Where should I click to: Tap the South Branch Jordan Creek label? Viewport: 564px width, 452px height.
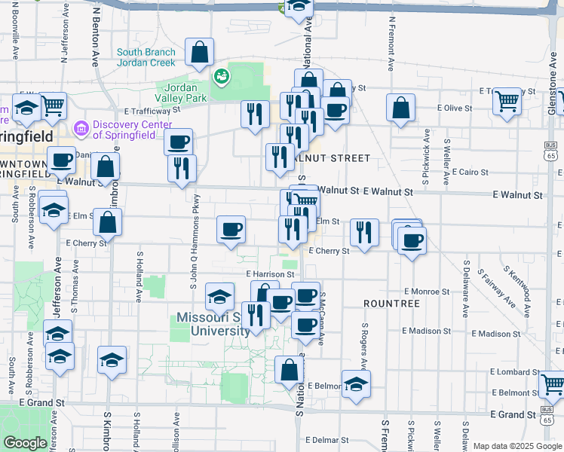pyautogui.click(x=146, y=57)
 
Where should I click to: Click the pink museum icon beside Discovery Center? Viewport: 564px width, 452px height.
pyautogui.click(x=81, y=130)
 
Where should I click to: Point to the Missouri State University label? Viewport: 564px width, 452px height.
pyautogui.click(x=213, y=324)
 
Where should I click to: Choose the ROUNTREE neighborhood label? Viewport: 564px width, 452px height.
pyautogui.click(x=391, y=303)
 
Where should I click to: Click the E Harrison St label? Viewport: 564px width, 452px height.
pyautogui.click(x=270, y=274)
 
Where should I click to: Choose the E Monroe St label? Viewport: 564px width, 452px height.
pyautogui.click(x=426, y=291)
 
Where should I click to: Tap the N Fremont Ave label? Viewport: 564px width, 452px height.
pyautogui.click(x=391, y=45)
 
